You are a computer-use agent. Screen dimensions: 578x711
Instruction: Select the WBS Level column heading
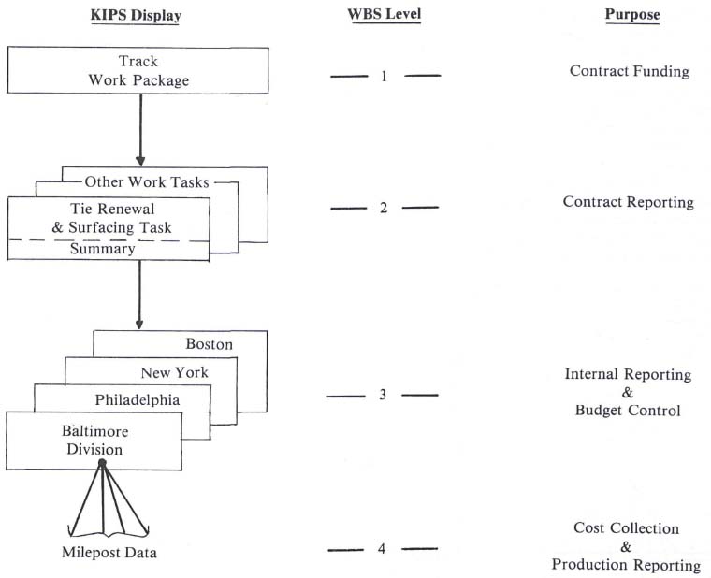[384, 17]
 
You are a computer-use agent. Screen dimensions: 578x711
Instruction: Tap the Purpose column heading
[631, 16]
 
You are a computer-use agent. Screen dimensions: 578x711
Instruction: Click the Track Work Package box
[139, 71]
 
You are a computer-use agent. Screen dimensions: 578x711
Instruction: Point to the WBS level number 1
[384, 76]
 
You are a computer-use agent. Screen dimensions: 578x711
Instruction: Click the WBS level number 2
[384, 208]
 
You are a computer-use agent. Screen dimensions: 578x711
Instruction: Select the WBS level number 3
[383, 395]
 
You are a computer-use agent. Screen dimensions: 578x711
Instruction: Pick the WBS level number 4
[382, 548]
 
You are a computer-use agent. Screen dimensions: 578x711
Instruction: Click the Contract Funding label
[630, 71]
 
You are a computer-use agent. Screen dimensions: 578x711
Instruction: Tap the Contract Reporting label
[629, 202]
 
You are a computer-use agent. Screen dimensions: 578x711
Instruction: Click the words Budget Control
[629, 411]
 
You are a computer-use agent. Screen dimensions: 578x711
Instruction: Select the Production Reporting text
[626, 565]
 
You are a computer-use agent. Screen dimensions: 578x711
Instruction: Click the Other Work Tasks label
[146, 181]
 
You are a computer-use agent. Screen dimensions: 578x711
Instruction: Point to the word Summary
[102, 250]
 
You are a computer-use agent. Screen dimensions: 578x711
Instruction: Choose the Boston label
[210, 344]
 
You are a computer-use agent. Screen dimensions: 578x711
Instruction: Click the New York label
[175, 372]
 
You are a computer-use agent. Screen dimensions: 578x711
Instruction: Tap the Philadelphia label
[138, 400]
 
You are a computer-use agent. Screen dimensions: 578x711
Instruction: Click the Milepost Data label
[104, 553]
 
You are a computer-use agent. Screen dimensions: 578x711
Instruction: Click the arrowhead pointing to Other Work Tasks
[140, 160]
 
